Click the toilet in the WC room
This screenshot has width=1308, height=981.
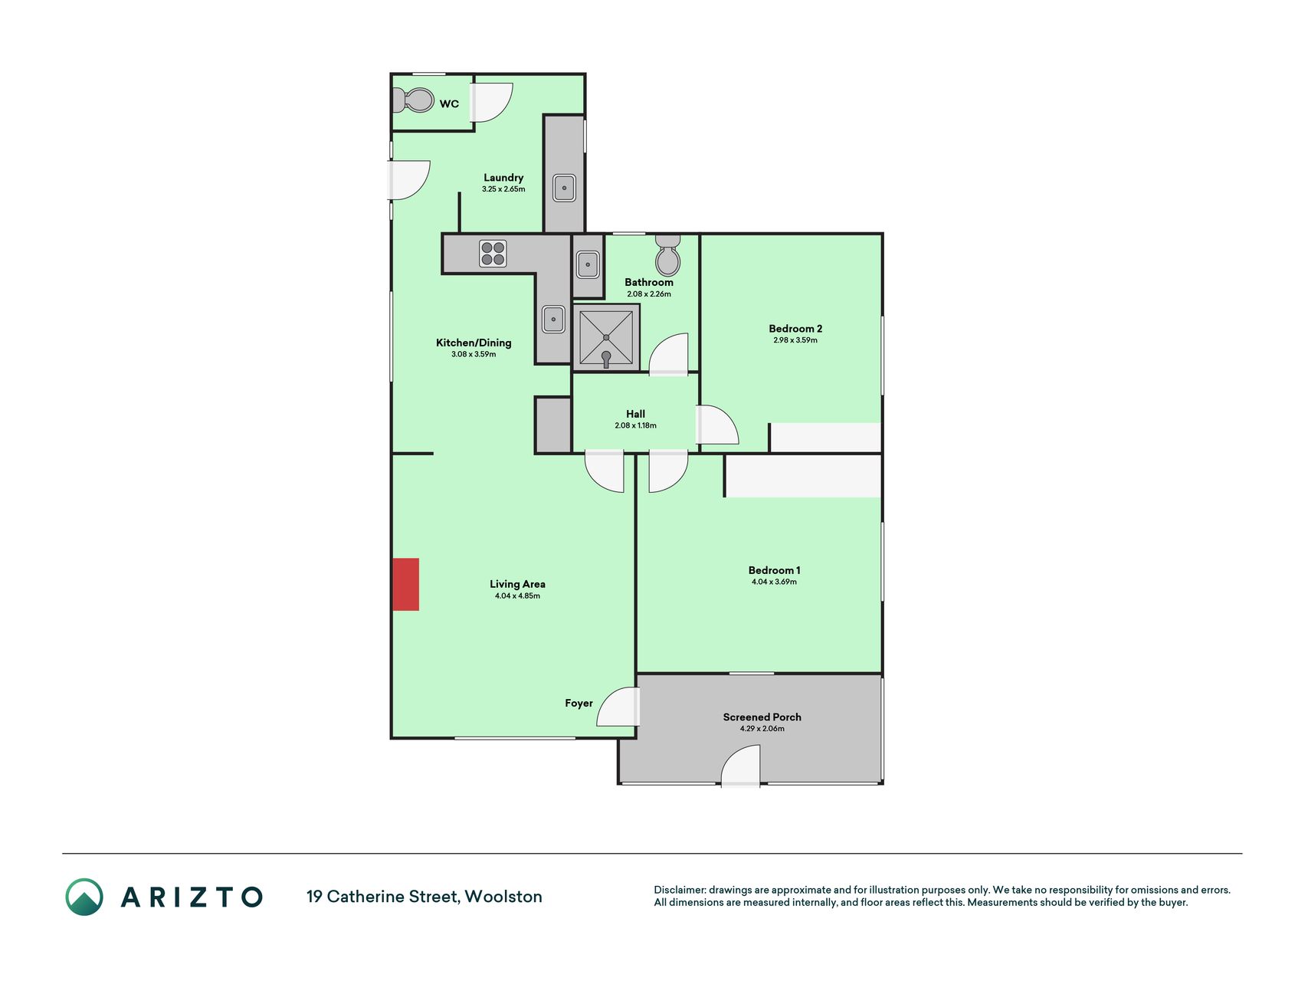pos(412,100)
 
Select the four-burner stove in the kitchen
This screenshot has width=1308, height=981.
pos(493,254)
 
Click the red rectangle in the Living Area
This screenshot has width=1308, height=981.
pos(406,584)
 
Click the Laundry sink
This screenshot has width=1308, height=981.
pos(564,188)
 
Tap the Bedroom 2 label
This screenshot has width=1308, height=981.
pos(795,329)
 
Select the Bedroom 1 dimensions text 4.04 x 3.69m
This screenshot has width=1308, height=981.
pos(774,582)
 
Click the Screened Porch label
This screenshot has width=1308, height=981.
pos(762,717)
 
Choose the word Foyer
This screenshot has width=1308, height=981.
pos(579,704)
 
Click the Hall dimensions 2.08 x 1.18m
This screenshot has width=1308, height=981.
pos(635,425)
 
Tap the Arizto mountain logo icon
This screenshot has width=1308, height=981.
pos(84,897)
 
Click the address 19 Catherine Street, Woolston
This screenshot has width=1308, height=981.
pos(425,897)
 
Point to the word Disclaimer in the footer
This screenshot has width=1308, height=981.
pos(679,890)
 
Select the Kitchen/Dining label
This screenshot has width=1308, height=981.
pos(474,343)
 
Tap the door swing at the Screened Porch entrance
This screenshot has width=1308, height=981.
pos(740,766)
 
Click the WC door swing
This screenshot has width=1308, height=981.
pos(491,103)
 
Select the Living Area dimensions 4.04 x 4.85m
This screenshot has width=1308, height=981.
pos(517,595)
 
